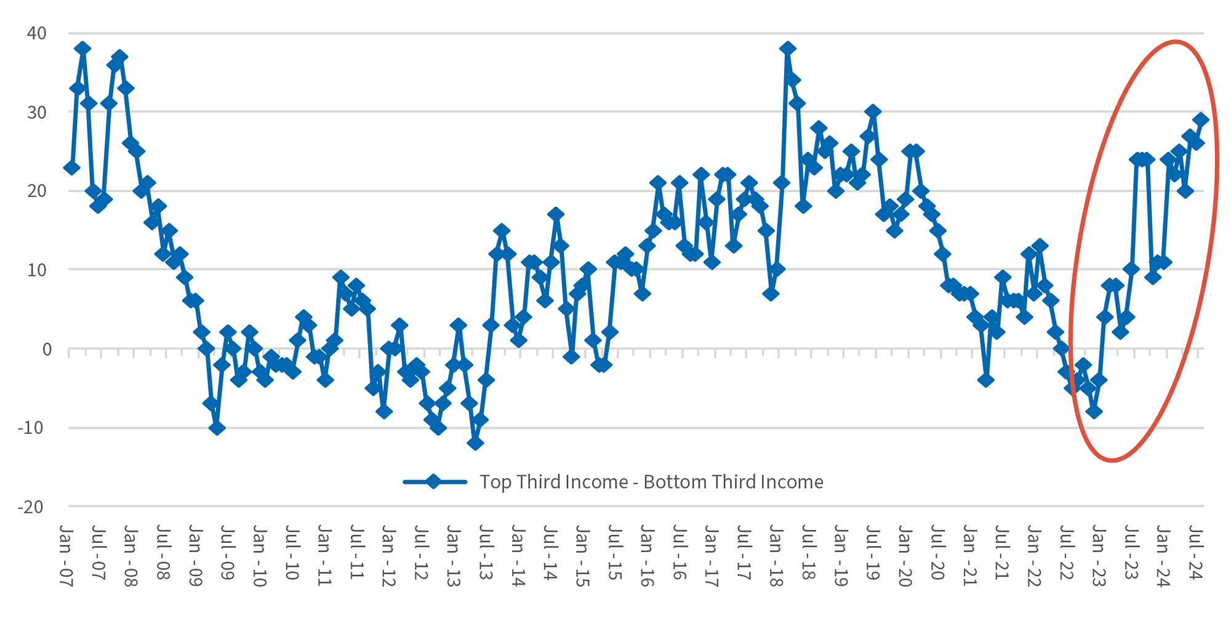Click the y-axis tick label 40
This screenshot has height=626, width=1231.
click(x=36, y=33)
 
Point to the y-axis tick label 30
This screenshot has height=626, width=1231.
click(x=36, y=112)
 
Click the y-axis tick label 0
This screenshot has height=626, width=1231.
click(x=46, y=349)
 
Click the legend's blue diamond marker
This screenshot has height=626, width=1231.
click(x=434, y=481)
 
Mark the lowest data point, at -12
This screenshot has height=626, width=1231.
click(x=475, y=443)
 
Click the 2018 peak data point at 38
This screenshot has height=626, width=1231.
click(x=787, y=49)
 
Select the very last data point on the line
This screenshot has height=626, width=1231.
click(x=1201, y=120)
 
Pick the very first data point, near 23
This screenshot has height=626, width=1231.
click(x=71, y=167)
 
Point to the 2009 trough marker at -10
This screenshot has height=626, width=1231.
click(x=216, y=428)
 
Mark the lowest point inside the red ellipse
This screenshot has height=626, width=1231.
click(x=1094, y=412)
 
